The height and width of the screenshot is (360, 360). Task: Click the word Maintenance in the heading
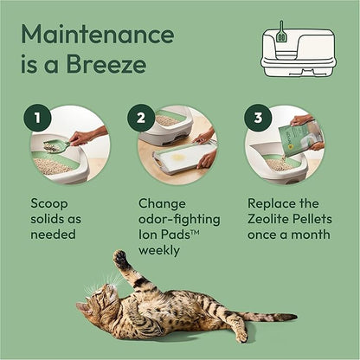click(x=98, y=35)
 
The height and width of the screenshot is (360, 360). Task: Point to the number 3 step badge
click(x=257, y=118)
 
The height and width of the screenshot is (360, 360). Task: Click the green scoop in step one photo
click(x=54, y=146)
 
